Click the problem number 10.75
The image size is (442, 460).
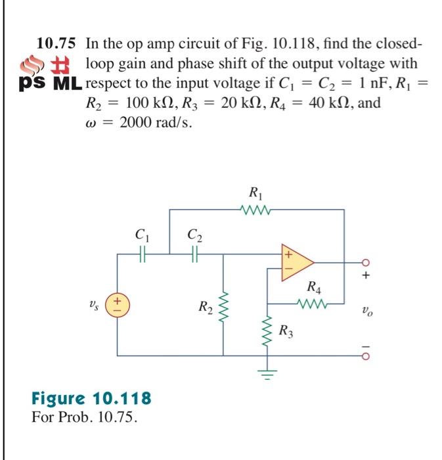click(x=56, y=44)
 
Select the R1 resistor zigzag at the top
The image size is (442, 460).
click(x=254, y=210)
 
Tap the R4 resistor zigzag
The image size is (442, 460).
click(x=313, y=304)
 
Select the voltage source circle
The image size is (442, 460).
click(x=118, y=304)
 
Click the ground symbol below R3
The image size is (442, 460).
click(x=269, y=376)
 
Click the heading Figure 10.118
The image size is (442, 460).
click(x=91, y=398)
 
